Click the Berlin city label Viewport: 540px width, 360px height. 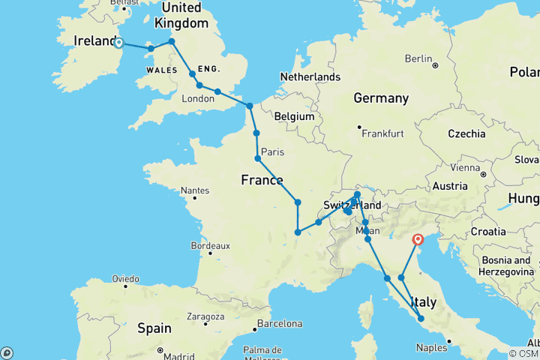tap(418, 58)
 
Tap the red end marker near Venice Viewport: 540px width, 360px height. tap(418, 240)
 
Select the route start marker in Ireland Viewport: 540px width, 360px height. tap(118, 43)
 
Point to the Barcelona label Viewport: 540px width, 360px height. tap(278, 324)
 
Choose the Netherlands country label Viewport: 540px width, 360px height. tap(310, 76)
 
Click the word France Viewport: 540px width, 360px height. tap(262, 180)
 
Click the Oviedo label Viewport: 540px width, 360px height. tap(125, 278)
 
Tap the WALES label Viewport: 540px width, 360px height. tap(161, 69)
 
